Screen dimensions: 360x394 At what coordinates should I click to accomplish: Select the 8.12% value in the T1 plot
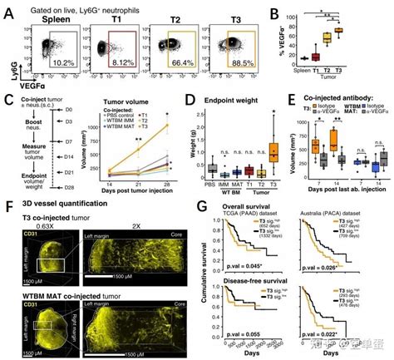[x=121, y=62]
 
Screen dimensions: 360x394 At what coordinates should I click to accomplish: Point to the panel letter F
[x=8, y=201]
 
